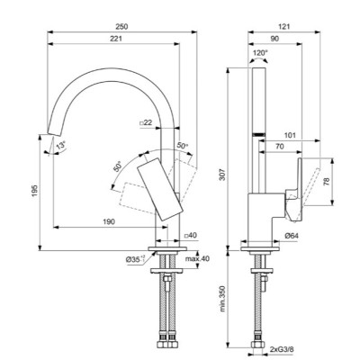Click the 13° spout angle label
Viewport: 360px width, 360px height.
click(60, 147)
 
